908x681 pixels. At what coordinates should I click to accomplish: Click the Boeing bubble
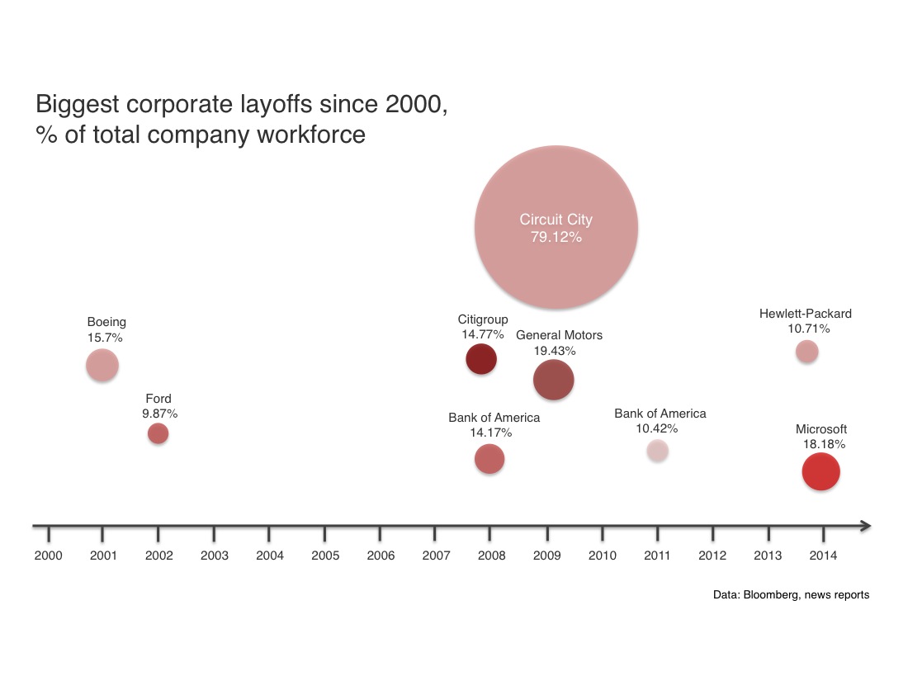click(x=102, y=365)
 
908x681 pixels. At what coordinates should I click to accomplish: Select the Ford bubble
click(x=158, y=433)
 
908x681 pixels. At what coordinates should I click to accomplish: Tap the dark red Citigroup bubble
click(x=481, y=360)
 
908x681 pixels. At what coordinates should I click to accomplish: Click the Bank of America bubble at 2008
click(x=489, y=459)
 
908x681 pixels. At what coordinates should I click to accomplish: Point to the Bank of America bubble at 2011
click(x=657, y=451)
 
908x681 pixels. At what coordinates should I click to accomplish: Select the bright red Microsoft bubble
click(x=821, y=472)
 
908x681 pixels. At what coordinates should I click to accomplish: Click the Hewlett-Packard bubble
click(x=807, y=352)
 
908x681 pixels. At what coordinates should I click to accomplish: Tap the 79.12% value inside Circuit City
click(x=556, y=237)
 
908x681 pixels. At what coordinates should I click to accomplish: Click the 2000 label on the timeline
click(x=48, y=556)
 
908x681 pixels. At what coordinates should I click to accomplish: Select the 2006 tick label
click(x=381, y=556)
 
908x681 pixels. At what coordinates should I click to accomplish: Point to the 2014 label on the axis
click(x=823, y=556)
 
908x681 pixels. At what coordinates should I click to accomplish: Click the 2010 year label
click(x=602, y=556)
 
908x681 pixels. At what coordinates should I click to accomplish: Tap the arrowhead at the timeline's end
click(x=865, y=526)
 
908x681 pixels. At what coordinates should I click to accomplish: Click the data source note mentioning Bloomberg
click(x=791, y=594)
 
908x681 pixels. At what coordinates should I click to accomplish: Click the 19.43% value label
click(x=555, y=350)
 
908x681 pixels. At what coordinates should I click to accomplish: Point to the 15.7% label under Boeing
click(x=105, y=337)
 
